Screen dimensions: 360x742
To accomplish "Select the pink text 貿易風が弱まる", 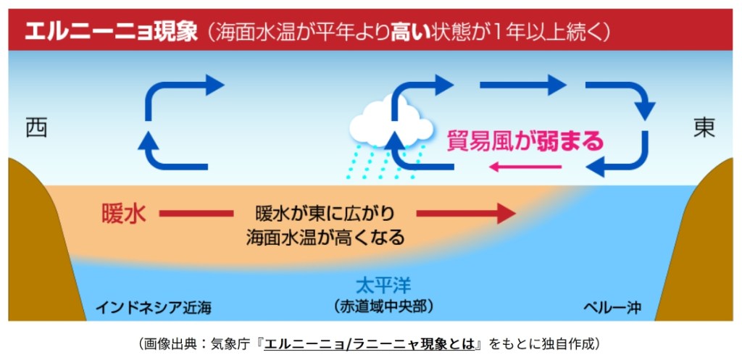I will tap(525, 140).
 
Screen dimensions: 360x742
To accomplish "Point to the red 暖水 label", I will tap(124, 214).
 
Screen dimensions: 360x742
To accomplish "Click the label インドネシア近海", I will tap(154, 307).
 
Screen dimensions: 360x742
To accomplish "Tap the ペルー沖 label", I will tap(612, 307).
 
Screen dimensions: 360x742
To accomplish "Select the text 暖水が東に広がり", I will tap(325, 214).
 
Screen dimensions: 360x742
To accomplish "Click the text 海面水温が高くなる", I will tap(325, 237).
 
